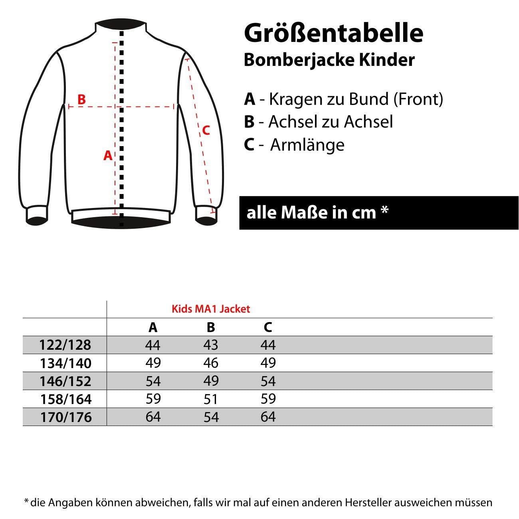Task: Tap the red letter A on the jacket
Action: point(108,155)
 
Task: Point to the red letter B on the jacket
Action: point(81,99)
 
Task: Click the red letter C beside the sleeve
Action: point(206,130)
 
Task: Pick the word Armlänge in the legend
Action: point(307,145)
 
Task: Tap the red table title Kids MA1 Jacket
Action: point(211,309)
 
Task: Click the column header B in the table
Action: point(211,327)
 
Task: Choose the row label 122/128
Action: point(65,345)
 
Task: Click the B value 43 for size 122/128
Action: point(211,345)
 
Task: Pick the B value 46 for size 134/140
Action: point(211,363)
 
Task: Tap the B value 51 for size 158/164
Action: point(211,399)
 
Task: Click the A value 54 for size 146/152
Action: point(153,381)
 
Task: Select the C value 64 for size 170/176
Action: point(268,417)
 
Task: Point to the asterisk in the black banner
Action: point(384,210)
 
